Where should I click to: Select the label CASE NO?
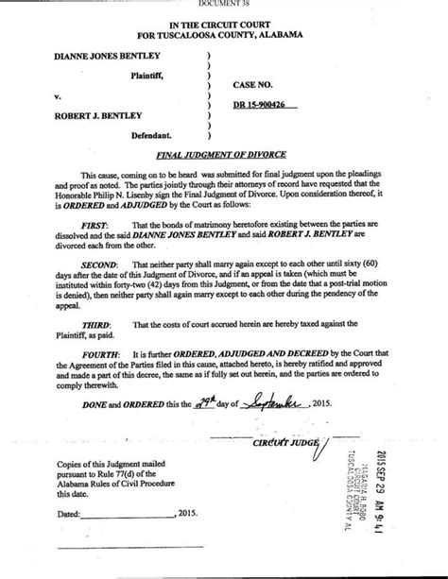pyautogui.click(x=255, y=84)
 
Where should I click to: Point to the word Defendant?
pyautogui.click(x=138, y=135)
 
